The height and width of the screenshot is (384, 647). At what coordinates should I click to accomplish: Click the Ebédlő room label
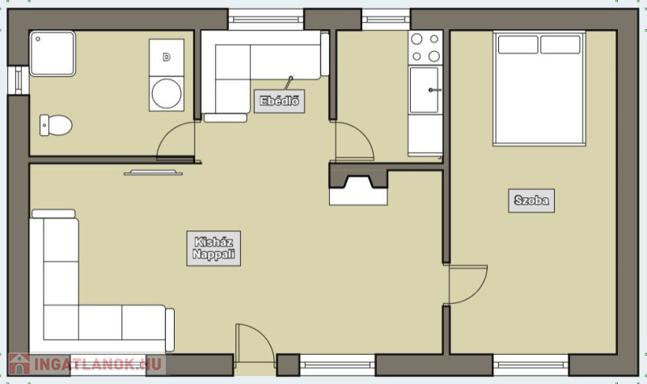point(279,101)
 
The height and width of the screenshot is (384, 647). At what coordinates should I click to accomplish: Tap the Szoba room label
point(531,200)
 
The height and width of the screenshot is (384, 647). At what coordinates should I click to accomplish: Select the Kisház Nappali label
point(214,248)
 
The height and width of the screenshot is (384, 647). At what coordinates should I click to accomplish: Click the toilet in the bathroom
point(56,125)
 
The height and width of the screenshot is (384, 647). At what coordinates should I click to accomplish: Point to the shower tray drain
point(38,39)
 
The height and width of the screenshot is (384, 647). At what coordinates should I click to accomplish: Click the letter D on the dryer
point(167,57)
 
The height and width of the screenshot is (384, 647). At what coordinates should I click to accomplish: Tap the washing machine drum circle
point(167,94)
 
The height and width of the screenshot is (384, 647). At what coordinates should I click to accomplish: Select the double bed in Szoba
point(539,88)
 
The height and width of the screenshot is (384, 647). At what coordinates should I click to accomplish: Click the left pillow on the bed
point(518,44)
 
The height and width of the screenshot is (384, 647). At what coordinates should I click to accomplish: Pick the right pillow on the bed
point(560,44)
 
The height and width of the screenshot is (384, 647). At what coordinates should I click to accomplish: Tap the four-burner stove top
point(425,48)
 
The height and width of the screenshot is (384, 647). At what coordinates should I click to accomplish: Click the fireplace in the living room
point(358,184)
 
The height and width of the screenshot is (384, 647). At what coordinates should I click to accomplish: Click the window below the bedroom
point(531,365)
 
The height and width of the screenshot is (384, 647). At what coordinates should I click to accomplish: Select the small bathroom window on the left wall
point(18,80)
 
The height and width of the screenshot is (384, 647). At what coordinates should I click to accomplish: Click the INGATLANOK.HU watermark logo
point(87,365)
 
